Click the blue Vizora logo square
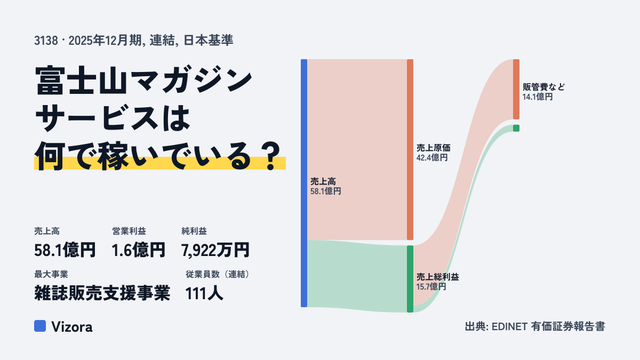pyautogui.click(x=40, y=326)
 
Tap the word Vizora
pyautogui.click(x=71, y=326)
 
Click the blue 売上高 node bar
pyautogui.click(x=304, y=183)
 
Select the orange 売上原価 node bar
pyautogui.click(x=410, y=149)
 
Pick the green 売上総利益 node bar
pyautogui.click(x=410, y=279)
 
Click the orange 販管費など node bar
pyautogui.click(x=516, y=89)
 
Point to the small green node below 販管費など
pyautogui.click(x=516, y=129)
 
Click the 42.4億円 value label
pyautogui.click(x=431, y=157)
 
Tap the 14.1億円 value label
pyautogui.click(x=538, y=97)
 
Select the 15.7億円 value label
pyautogui.click(x=431, y=286)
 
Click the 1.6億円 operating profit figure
pyautogui.click(x=138, y=250)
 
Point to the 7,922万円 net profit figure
pyautogui.click(x=215, y=250)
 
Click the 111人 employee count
pyautogui.click(x=204, y=293)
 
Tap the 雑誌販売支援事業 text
pyautogui.click(x=102, y=293)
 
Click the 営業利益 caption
pyautogui.click(x=129, y=231)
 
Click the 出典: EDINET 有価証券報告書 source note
pyautogui.click(x=535, y=326)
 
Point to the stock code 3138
pyautogui.click(x=46, y=41)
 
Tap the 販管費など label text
pyautogui.click(x=543, y=87)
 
